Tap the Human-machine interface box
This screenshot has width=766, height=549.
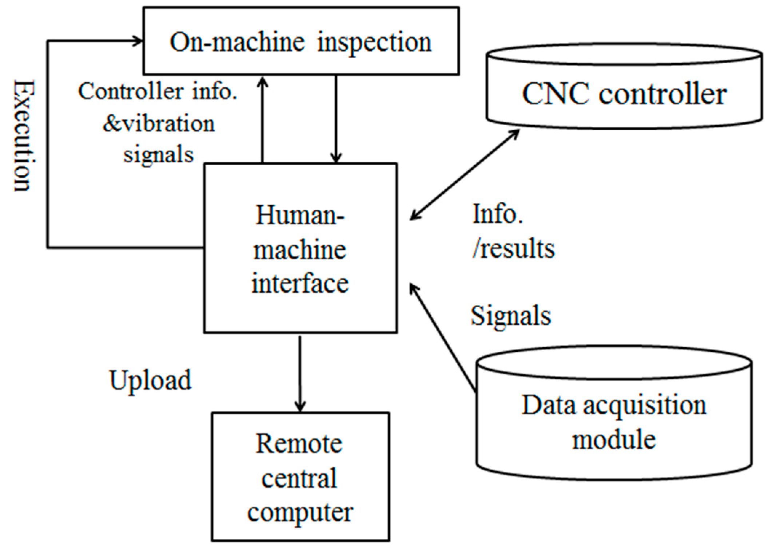pyautogui.click(x=300, y=248)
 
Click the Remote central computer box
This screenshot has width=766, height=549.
pyautogui.click(x=300, y=477)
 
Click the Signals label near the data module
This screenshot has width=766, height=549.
pyautogui.click(x=511, y=315)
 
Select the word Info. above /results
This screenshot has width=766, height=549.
pyautogui.click(x=497, y=214)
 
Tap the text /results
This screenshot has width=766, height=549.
pyautogui.click(x=514, y=249)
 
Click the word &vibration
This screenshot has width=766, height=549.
pyautogui.click(x=159, y=124)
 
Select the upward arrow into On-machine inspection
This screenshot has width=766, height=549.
pyautogui.click(x=262, y=120)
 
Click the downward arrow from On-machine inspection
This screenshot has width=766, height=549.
pyautogui.click(x=335, y=120)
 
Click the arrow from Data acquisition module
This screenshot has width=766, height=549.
pyautogui.click(x=443, y=339)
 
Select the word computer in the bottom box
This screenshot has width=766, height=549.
pyautogui.click(x=300, y=513)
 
